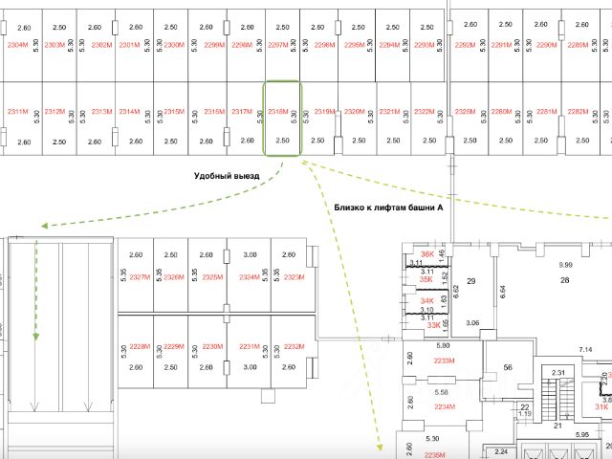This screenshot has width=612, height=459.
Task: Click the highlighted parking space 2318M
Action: pos(282,118)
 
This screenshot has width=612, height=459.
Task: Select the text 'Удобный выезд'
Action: pos(227,176)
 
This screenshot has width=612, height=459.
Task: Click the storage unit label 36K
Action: pos(427,254)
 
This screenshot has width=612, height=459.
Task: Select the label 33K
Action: pos(433,325)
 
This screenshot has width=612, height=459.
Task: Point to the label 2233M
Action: pos(443,361)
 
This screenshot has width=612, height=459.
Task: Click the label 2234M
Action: pos(443,406)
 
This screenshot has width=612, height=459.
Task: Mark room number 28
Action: pos(564,280)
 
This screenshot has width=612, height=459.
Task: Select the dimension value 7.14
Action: pos(586,350)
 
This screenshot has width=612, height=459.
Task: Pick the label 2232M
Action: pos(294,346)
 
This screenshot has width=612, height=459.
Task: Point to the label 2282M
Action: pos(578,112)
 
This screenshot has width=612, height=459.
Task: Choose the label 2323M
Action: pos(294,277)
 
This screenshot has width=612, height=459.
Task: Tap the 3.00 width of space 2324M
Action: pos(251,254)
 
